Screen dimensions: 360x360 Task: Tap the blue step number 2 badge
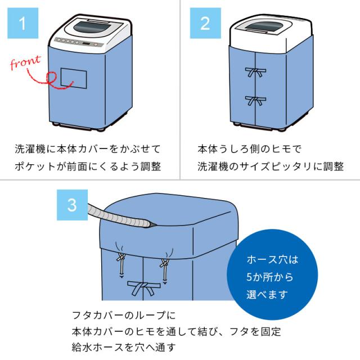[204, 24]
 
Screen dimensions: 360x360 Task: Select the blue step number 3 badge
[72, 204]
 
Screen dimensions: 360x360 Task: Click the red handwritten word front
[26, 61]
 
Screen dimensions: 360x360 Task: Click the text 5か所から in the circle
[269, 277]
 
